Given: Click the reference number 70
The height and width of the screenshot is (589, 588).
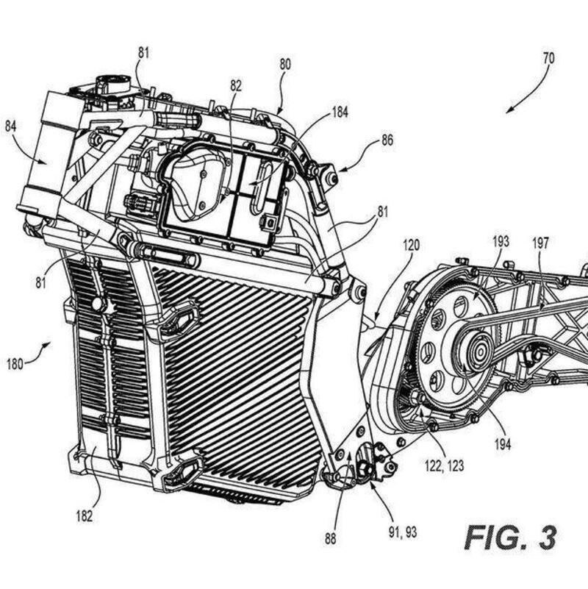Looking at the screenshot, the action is point(548,59).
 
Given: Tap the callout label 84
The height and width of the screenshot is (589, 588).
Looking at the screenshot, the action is point(10,126).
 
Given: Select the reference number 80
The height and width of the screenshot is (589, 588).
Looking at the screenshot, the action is point(285,65).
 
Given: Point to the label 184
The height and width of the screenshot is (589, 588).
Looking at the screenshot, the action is point(340,112).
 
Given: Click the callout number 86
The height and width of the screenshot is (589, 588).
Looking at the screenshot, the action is point(387,140).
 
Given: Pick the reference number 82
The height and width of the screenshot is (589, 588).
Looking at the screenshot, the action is point(236,85).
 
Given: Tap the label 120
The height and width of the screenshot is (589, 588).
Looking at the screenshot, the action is point(411,246).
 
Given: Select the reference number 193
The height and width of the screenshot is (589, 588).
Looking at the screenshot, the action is point(501,241).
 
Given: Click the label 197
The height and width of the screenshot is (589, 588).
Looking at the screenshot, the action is point(540,243).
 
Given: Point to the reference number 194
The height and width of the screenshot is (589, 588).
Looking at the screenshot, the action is point(503,444).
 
